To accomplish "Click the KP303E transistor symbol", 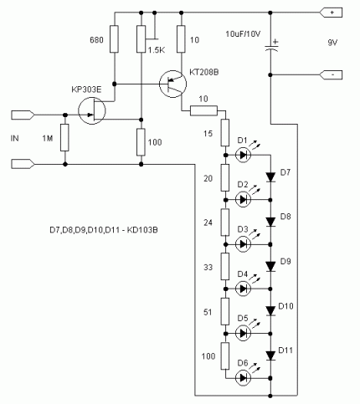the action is (92, 110).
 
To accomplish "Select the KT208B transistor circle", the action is (172, 84).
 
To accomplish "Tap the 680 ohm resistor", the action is (114, 39).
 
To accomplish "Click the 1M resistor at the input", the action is (64, 138).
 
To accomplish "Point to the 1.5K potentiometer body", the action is (141, 39).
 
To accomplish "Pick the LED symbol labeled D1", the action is (243, 155).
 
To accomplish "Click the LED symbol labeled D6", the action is (243, 378).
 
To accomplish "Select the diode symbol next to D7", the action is (270, 177).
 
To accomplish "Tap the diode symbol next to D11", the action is (270, 355).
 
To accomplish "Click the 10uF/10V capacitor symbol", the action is (271, 46).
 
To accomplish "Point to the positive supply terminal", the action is (331, 13).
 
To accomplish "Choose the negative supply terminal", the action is (331, 75).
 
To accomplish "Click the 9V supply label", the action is (332, 43).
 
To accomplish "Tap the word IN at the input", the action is (14, 138).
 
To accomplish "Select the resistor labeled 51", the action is (225, 311).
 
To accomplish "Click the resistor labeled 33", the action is (225, 266).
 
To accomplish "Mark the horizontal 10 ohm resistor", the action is (203, 110).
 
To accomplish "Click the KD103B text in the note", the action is (142, 230).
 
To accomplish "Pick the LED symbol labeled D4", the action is (243, 289).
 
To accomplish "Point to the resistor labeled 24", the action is (225, 222).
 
